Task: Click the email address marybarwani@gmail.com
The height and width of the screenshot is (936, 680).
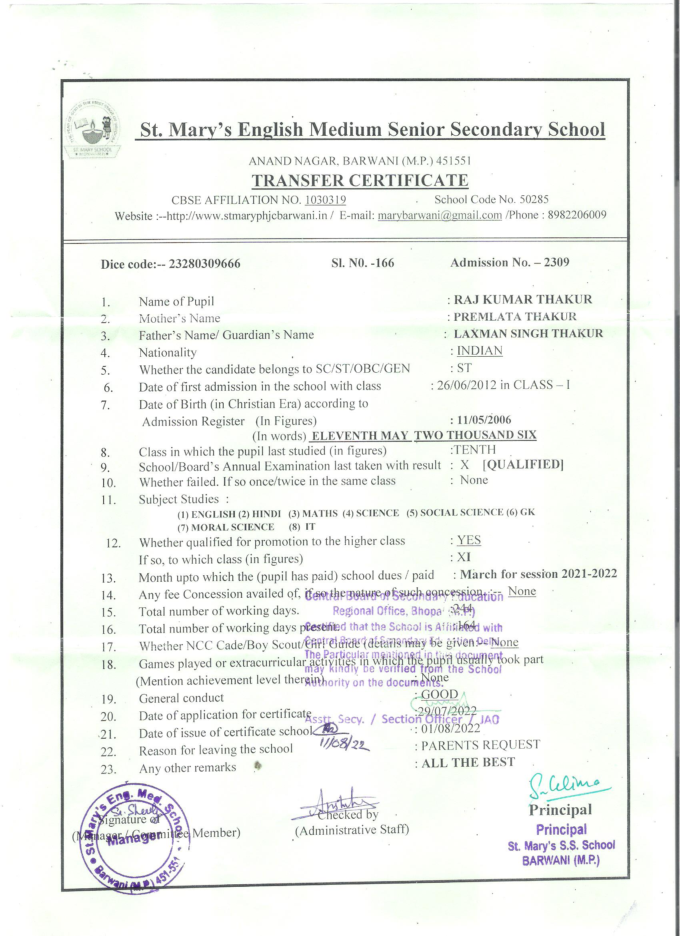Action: click(440, 215)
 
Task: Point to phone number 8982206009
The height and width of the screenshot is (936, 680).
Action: click(577, 215)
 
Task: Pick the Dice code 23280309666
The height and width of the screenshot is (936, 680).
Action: click(205, 264)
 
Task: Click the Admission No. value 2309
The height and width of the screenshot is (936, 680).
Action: click(556, 263)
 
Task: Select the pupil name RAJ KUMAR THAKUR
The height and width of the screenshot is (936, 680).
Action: click(523, 299)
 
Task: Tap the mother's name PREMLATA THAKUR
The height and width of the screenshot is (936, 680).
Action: click(515, 317)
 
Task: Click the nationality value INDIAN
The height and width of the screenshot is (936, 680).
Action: click(480, 350)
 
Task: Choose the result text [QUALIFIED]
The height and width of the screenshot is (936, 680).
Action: click(523, 464)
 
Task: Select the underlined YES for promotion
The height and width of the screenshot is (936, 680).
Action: click(469, 540)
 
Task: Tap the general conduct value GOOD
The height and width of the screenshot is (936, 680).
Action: click(440, 694)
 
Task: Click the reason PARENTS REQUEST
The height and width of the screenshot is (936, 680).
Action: click(480, 745)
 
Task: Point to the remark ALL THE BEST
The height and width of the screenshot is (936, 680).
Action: click(468, 762)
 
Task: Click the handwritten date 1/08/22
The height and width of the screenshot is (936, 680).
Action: click(345, 744)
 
